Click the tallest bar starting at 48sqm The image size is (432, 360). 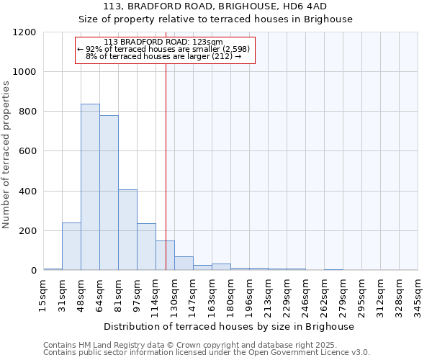click(x=90, y=187)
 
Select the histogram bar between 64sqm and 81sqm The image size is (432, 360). click(x=109, y=193)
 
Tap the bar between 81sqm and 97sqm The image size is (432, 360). click(x=127, y=230)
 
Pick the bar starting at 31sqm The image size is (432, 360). click(x=71, y=246)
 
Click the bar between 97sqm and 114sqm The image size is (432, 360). click(x=146, y=246)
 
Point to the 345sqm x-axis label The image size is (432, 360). click(x=418, y=295)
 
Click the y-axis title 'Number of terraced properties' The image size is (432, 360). click(x=6, y=155)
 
